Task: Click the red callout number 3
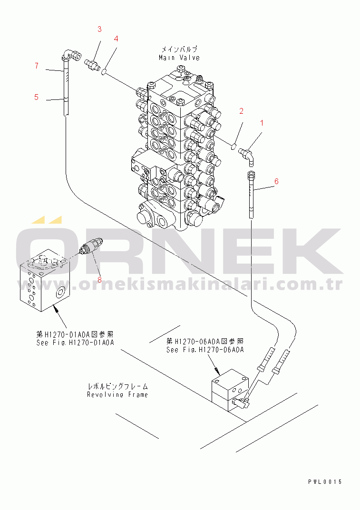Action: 99,29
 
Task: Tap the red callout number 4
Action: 116,39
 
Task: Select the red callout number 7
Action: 36,66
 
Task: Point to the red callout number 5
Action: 36,97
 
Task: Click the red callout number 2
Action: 241,111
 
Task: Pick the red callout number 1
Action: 261,123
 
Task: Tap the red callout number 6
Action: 276,181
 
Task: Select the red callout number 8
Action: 99,279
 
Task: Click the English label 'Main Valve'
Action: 179,58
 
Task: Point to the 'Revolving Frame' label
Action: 117,394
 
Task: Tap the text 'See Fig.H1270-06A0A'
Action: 205,350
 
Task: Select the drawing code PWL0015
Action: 325,481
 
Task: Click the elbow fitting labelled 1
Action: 248,154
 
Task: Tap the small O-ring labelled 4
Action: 104,72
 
